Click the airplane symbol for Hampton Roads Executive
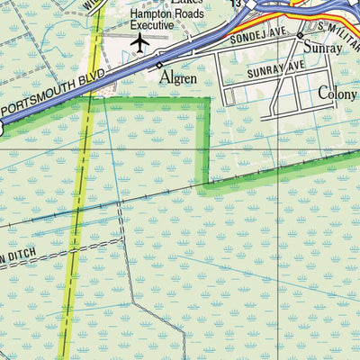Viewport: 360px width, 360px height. tap(139, 41)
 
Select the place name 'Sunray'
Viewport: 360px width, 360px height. tap(322, 48)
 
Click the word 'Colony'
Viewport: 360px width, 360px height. tap(337, 93)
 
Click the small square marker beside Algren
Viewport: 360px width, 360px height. tap(159, 66)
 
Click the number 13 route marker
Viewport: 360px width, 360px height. tap(236, 4)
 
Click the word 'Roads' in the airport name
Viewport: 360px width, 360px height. tap(188, 15)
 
